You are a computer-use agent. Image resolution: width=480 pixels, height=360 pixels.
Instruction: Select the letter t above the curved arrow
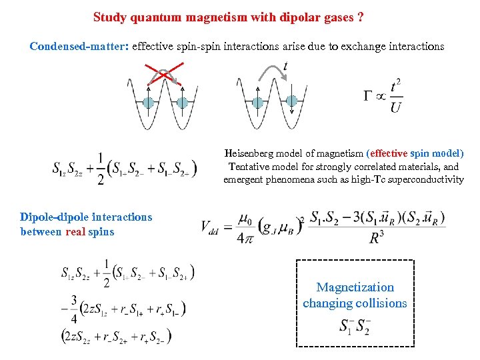pyautogui.click(x=285, y=67)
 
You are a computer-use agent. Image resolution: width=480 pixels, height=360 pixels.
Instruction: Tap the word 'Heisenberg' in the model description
pyautogui.click(x=251, y=153)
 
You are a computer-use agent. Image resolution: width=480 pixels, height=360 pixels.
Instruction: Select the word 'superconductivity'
pyautogui.click(x=420, y=179)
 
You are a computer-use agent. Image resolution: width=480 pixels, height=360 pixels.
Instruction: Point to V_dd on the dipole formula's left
pyautogui.click(x=211, y=227)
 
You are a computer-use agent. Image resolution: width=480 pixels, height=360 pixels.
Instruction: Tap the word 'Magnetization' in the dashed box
pyautogui.click(x=355, y=287)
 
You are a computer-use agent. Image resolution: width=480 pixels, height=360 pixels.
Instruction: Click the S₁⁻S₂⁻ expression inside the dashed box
pyautogui.click(x=354, y=327)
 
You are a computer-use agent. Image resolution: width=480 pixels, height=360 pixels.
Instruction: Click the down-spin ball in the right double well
pyautogui.click(x=291, y=101)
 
